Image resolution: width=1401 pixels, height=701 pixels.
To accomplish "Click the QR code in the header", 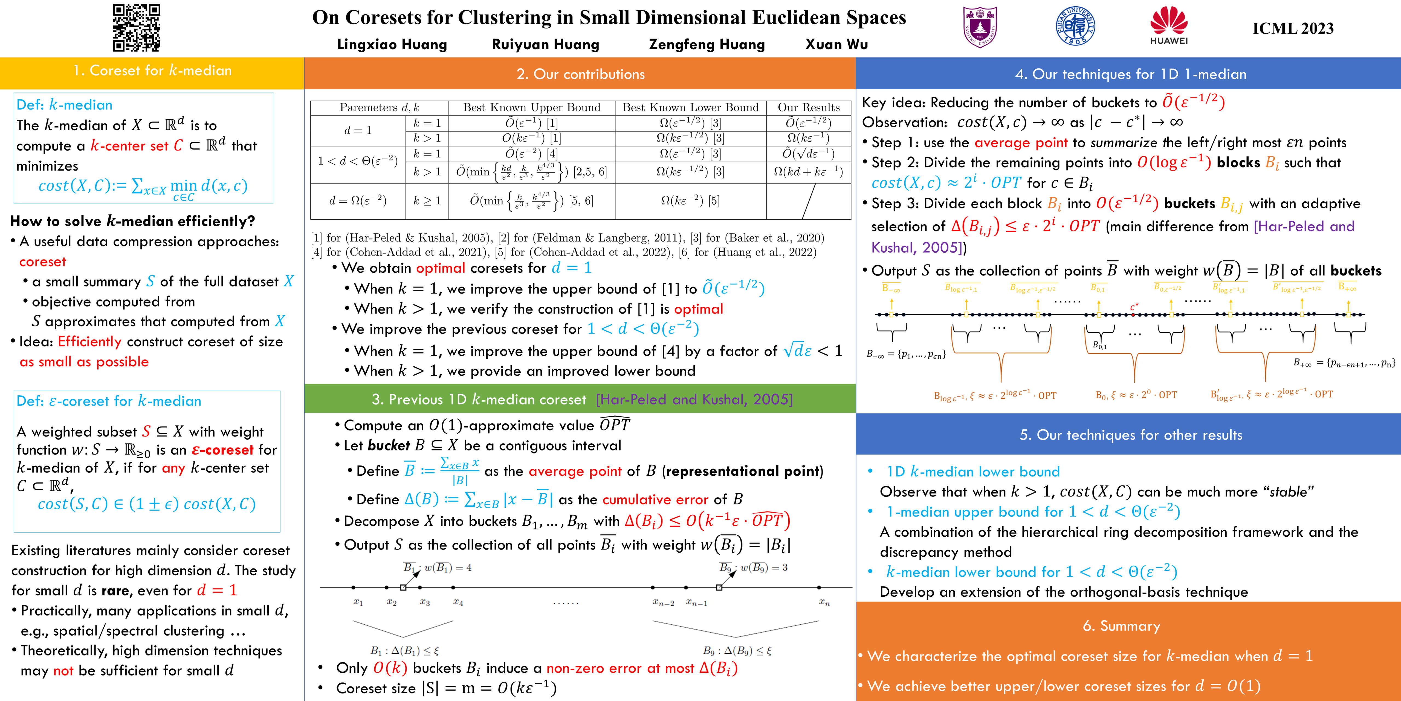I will point(137,28).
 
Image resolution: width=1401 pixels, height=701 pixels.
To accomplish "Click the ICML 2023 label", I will point(1293,28).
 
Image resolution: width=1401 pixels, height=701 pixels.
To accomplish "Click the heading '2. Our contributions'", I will point(580,74).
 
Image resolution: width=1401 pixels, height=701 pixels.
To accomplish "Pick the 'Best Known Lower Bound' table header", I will point(690,107).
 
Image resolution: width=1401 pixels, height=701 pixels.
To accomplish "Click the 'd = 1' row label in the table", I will point(358,130).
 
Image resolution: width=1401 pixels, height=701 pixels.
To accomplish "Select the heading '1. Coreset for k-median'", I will point(152,71).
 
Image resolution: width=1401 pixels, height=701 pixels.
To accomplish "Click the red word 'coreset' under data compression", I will point(42,262).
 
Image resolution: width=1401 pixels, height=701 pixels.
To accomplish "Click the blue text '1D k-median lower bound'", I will point(973,471).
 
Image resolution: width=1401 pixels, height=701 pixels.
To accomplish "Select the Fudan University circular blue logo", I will point(1075,26).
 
